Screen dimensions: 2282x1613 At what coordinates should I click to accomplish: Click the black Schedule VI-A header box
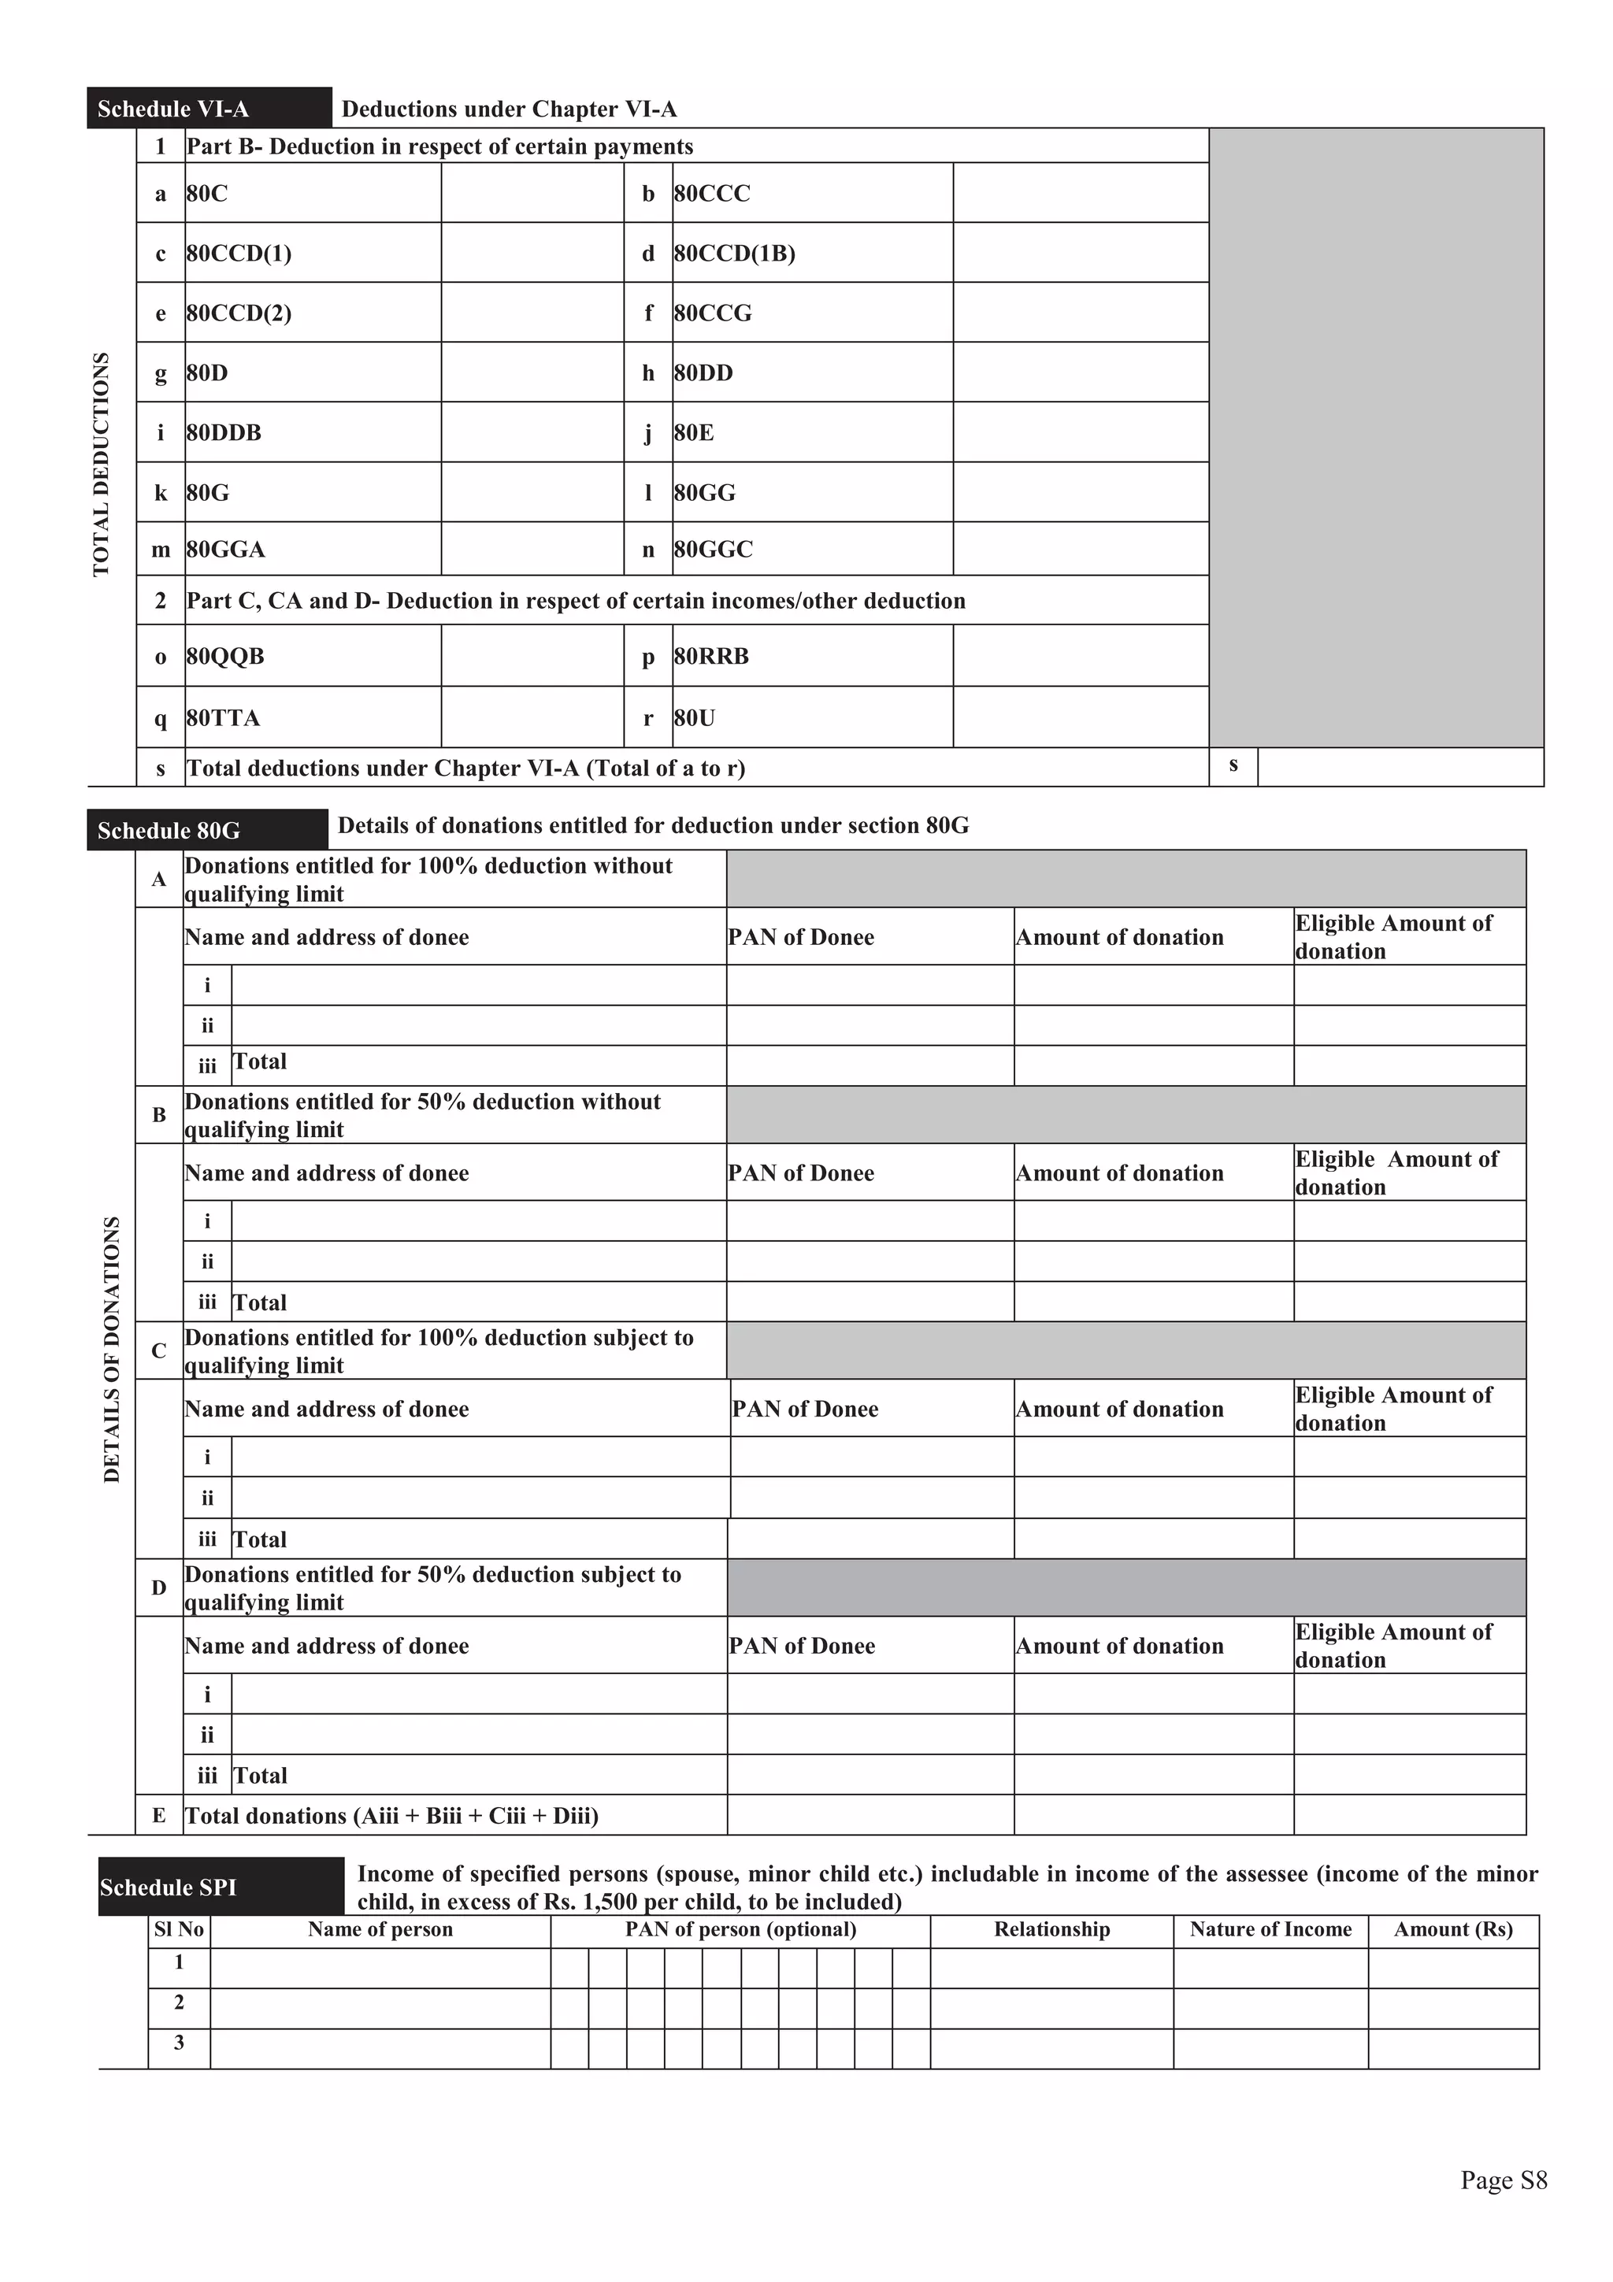209,109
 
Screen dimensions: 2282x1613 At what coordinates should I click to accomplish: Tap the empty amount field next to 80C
532,193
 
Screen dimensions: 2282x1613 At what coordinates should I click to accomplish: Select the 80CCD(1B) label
735,254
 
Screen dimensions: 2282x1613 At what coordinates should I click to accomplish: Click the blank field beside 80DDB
532,432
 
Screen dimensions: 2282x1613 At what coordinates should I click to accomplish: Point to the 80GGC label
713,550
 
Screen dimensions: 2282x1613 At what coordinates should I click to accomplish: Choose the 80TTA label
224,717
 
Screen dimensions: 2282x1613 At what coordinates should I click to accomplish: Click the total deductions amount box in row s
1400,767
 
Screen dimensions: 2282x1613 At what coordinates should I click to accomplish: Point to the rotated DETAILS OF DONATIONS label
111,1349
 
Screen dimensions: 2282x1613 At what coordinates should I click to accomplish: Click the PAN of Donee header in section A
801,937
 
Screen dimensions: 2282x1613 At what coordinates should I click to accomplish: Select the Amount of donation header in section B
1119,1172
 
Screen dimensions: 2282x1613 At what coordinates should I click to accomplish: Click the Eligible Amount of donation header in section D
1393,1646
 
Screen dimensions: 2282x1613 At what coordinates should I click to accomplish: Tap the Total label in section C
259,1539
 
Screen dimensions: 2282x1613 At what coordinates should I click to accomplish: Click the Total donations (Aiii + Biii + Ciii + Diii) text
391,1816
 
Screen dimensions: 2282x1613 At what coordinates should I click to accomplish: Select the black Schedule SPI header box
221,1887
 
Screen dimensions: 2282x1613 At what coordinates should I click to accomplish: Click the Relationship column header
1051,1930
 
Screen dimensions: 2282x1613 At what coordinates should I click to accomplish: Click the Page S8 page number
1503,2180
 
